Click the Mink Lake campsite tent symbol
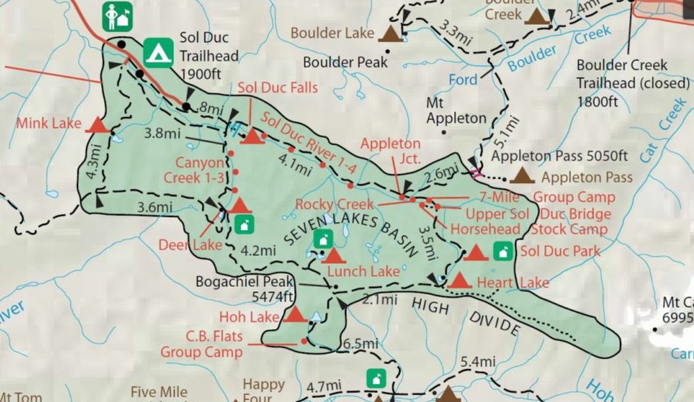pos(97,125)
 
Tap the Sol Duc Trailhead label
pos(208,56)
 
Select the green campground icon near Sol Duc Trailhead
pos(158,51)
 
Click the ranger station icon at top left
pos(116,16)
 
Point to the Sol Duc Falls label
pos(278,87)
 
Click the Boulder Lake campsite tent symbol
pos(391,33)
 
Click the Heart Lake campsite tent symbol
pos(459,281)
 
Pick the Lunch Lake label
pos(364,271)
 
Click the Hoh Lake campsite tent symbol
pos(296,315)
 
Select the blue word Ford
pos(463,80)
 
